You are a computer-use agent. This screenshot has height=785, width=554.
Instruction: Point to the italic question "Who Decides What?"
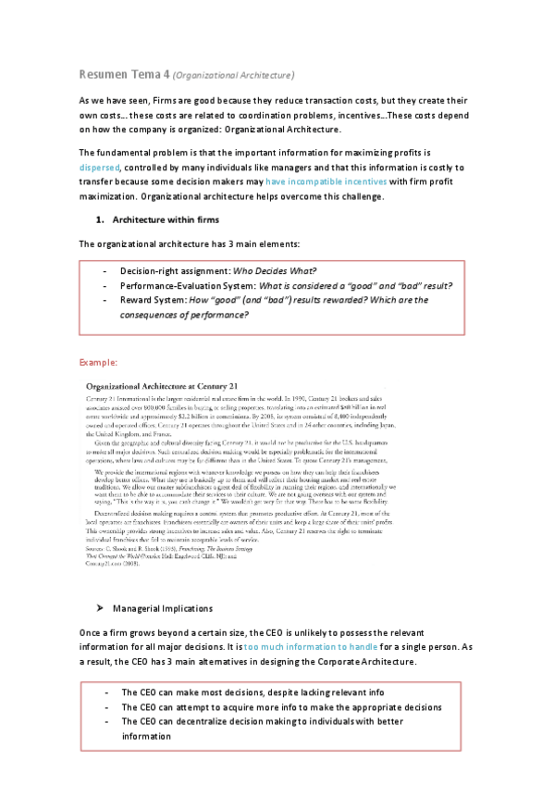pos(277,270)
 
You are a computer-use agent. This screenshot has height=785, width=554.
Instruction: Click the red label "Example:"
pos(97,361)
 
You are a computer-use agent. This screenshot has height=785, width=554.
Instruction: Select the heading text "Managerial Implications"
pos(162,609)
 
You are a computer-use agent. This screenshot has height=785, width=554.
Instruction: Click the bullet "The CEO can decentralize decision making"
pos(263,722)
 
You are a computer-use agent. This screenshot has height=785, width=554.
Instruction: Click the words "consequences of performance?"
pos(185,315)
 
